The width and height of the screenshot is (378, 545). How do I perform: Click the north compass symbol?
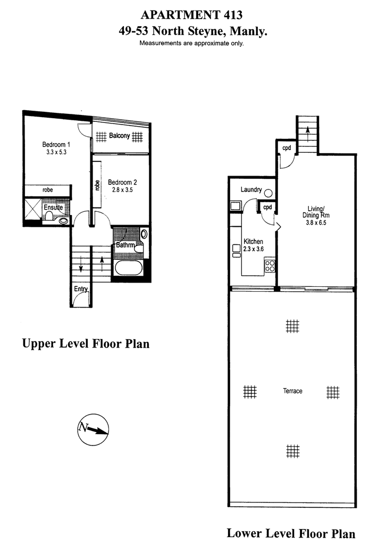tap(93, 430)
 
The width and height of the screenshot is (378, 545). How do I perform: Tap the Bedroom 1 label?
tap(56, 144)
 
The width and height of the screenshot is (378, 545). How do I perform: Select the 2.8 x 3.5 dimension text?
tap(122, 190)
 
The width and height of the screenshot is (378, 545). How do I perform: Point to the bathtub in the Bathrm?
tap(128, 268)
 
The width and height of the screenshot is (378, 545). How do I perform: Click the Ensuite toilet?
tap(49, 216)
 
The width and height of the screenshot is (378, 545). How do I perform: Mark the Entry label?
tap(81, 289)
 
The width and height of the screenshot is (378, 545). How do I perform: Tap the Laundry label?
tap(251, 189)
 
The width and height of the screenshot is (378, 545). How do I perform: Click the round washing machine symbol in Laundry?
tap(268, 193)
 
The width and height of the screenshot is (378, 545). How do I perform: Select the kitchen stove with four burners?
tap(270, 266)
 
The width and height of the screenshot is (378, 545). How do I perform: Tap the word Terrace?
tap(292, 391)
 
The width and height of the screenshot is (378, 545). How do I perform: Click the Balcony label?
tap(120, 136)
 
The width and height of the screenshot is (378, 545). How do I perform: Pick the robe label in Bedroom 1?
tap(48, 190)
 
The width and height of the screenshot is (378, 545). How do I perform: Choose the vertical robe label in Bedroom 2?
tap(97, 185)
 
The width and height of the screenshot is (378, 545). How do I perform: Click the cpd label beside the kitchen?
tap(267, 207)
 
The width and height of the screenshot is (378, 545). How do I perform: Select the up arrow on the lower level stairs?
tap(307, 134)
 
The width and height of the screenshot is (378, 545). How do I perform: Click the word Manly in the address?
tap(248, 31)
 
